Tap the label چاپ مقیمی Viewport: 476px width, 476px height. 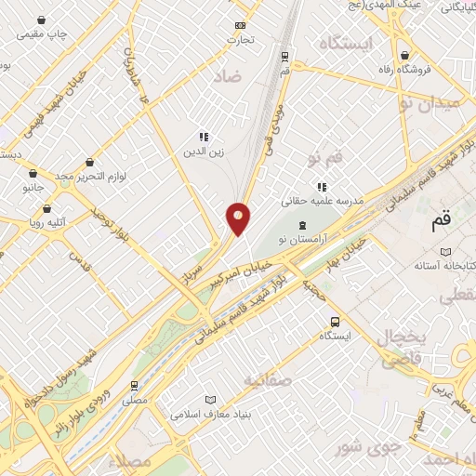tap(46, 35)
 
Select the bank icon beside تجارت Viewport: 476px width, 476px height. tap(241, 25)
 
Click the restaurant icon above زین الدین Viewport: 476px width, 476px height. tap(204, 136)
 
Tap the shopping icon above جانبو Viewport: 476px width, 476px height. tap(33, 173)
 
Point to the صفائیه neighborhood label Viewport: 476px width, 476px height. tap(267, 380)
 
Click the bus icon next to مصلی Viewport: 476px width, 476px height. tap(136, 385)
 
